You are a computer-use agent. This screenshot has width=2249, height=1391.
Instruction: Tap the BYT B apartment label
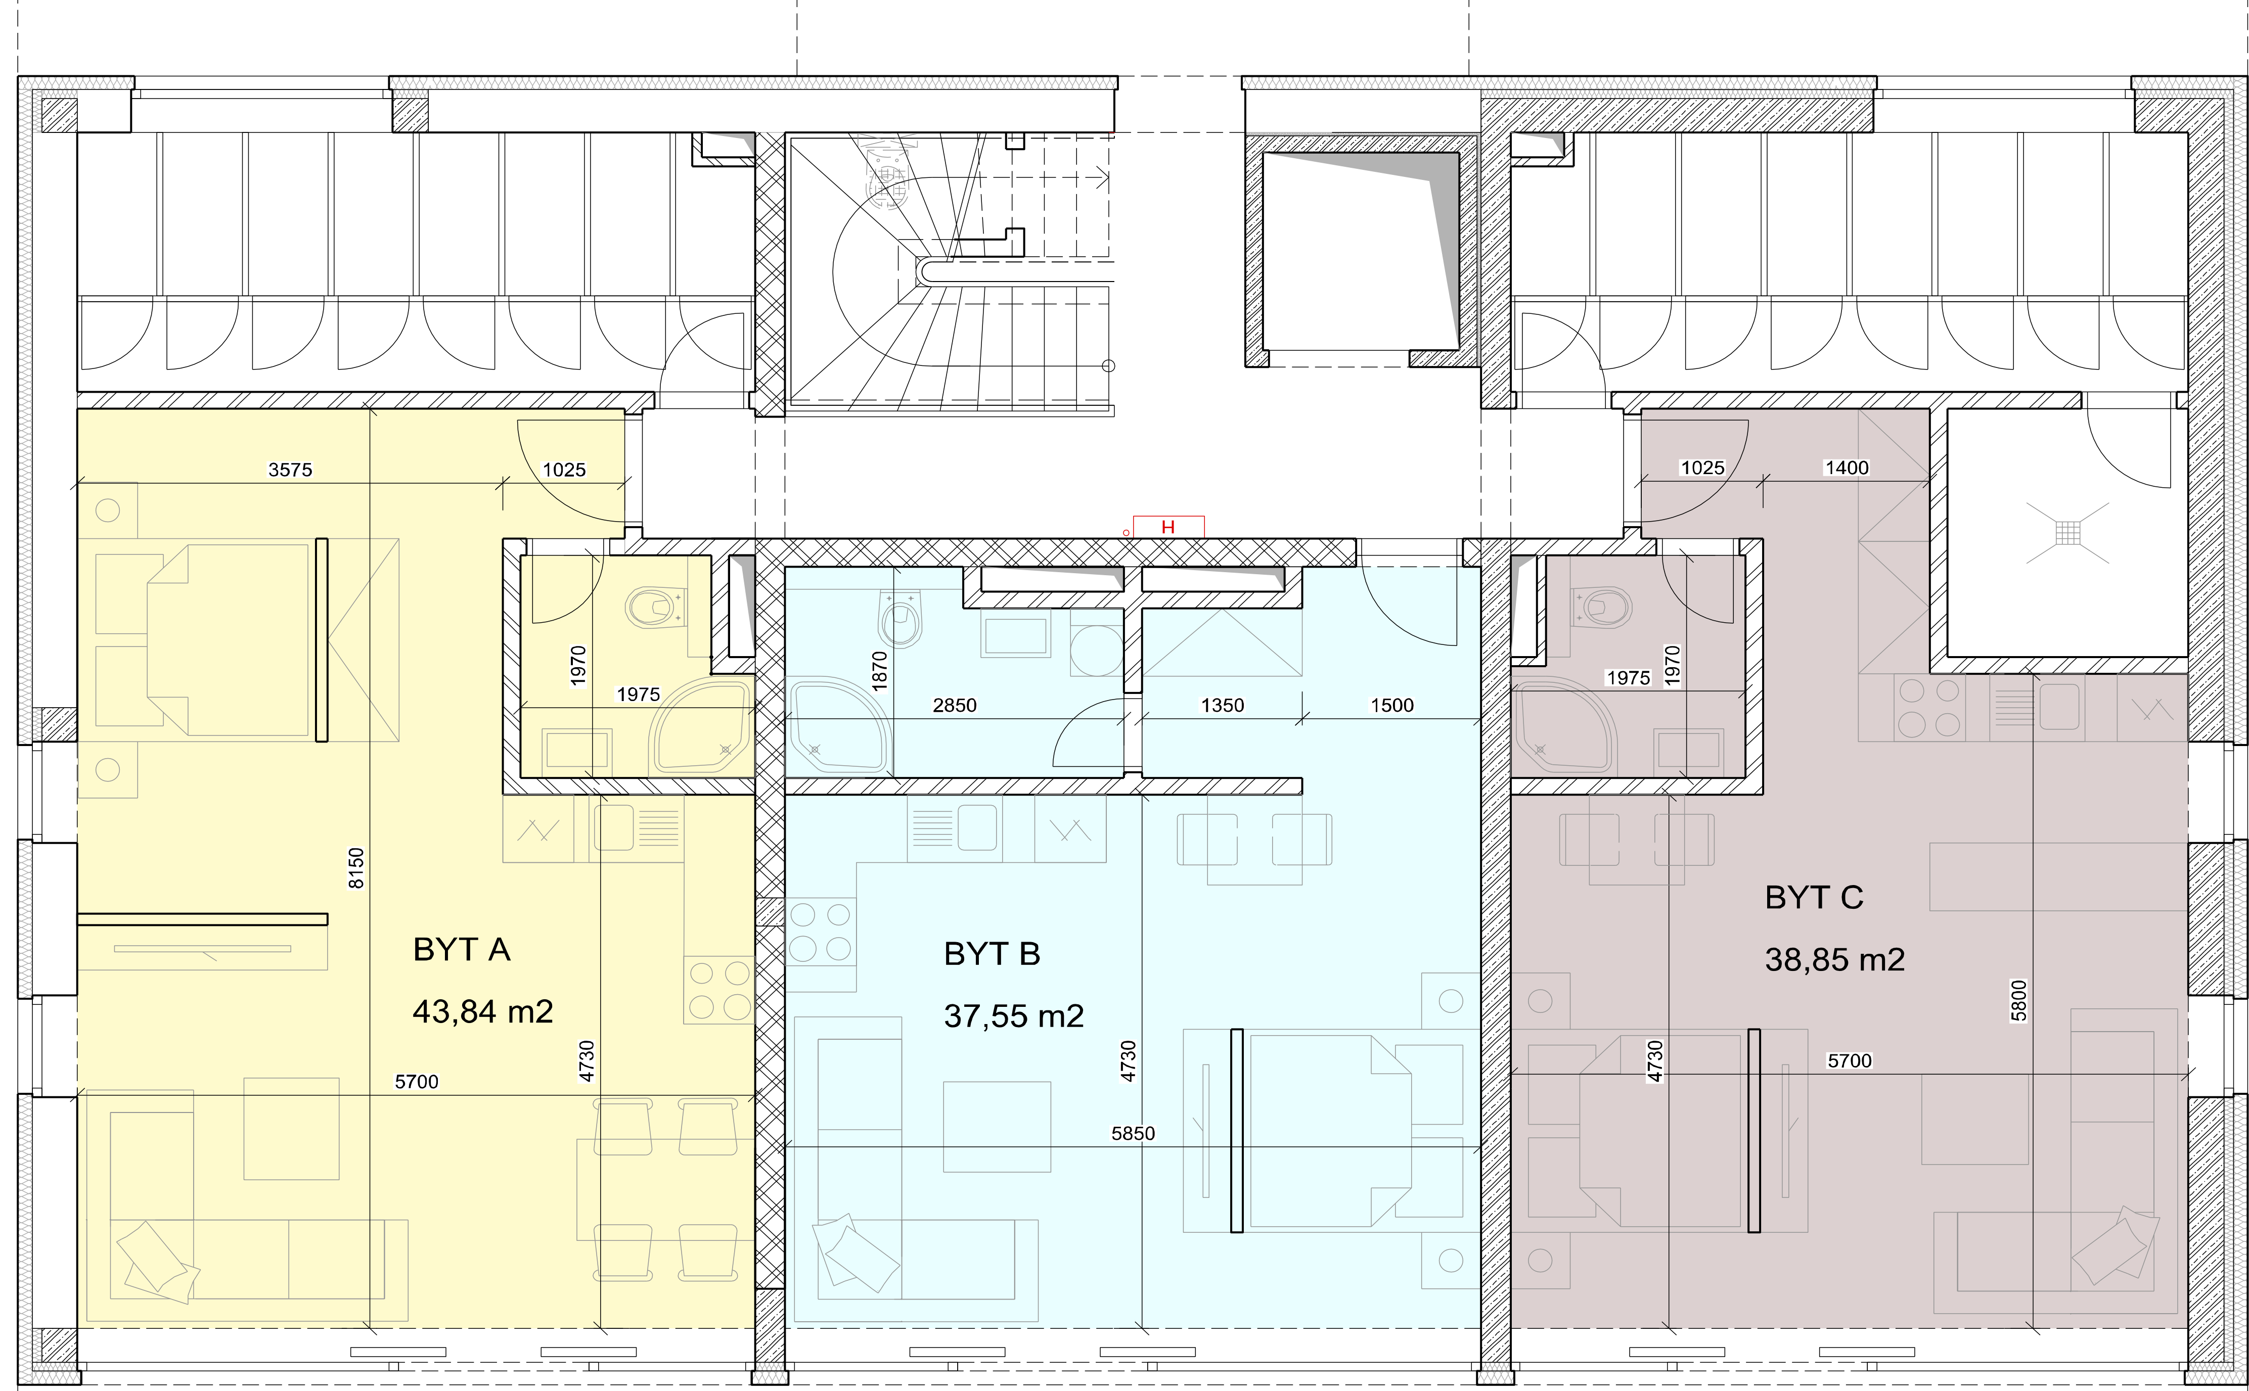click(x=992, y=954)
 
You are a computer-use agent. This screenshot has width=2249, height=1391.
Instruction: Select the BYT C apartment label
click(x=1814, y=897)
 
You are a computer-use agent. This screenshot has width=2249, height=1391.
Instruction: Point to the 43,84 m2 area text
click(x=483, y=1012)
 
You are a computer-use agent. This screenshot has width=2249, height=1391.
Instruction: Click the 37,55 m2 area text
click(x=1014, y=1016)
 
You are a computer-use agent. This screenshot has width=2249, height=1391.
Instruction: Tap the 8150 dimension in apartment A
click(x=357, y=868)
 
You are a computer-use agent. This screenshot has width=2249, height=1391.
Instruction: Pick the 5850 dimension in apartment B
click(x=1133, y=1133)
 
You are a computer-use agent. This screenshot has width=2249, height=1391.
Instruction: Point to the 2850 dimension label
click(x=954, y=706)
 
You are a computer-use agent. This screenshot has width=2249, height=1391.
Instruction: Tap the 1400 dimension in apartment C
click(x=1846, y=468)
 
